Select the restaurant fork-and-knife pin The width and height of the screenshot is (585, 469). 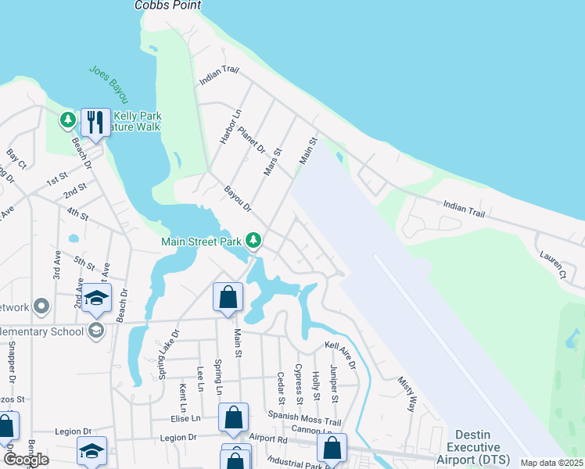(x=95, y=122)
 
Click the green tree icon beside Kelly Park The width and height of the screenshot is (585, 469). (x=68, y=120)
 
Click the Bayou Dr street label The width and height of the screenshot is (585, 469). (x=237, y=199)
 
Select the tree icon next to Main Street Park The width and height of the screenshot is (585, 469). (x=253, y=239)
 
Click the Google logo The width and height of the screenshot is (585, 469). (x=26, y=460)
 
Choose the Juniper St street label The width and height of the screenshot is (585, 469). (x=333, y=384)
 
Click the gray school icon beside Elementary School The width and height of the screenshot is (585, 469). (x=95, y=330)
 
